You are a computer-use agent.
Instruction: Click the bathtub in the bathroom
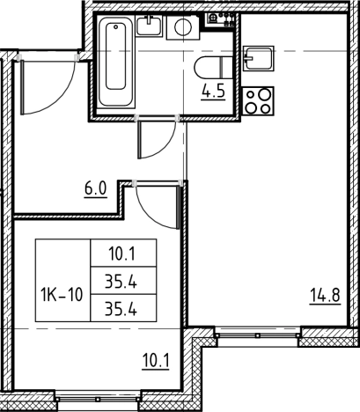point(116,62)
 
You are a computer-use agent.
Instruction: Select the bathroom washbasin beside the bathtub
point(149,26)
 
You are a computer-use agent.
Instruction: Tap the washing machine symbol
point(183,27)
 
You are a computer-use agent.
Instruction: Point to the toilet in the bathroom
point(213,67)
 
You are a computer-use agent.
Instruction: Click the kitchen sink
point(259,58)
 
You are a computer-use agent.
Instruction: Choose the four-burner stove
point(259,101)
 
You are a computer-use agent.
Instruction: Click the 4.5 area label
point(213,92)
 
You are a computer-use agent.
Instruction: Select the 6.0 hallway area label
point(96,189)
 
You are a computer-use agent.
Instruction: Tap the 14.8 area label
point(325,296)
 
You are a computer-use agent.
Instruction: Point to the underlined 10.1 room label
point(156,361)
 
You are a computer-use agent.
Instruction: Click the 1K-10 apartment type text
point(62,294)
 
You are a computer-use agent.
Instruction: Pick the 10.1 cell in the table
point(123,253)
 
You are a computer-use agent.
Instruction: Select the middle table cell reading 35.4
point(123,281)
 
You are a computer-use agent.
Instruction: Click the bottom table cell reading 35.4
point(123,308)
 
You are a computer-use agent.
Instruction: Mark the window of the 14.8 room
point(258,335)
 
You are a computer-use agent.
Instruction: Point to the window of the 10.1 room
point(98,399)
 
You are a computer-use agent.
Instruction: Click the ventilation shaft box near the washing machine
point(221,20)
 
